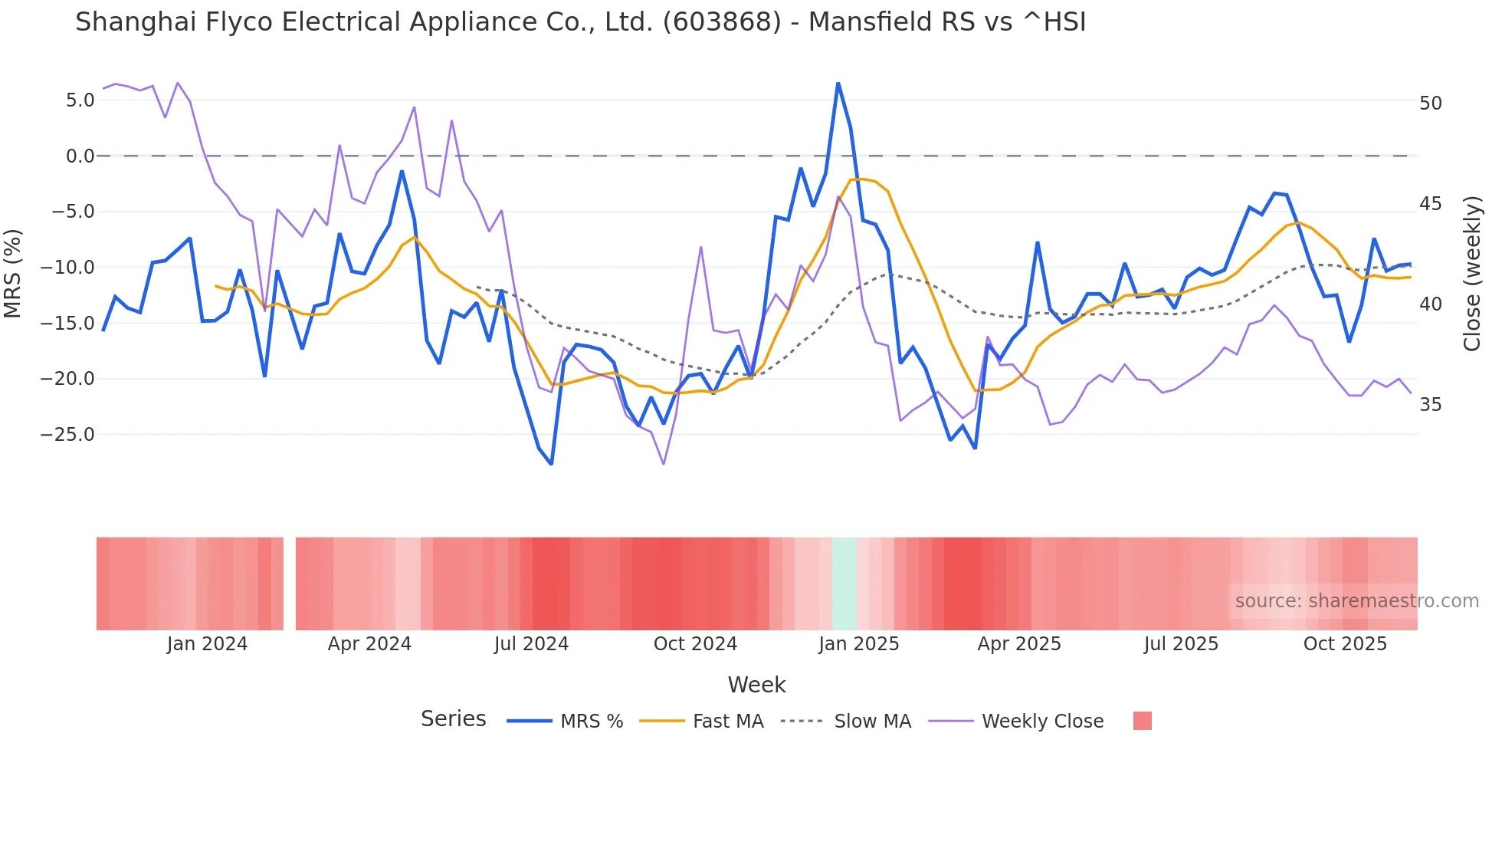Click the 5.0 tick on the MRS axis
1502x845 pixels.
[x=80, y=100]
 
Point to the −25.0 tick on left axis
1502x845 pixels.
[x=67, y=435]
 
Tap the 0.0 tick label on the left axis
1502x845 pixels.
[x=80, y=156]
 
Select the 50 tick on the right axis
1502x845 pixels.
[x=1430, y=104]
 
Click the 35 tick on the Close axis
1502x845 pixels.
[x=1430, y=405]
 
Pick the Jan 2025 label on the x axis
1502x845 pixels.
[x=858, y=644]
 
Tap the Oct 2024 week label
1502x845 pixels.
[x=695, y=644]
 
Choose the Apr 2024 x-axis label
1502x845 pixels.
[x=369, y=644]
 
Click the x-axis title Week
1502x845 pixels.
[x=756, y=685]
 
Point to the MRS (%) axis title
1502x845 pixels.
[x=13, y=273]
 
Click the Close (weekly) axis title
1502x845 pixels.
[x=1471, y=273]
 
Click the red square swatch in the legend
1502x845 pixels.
[x=1142, y=721]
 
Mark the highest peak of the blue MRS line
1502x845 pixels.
[x=838, y=84]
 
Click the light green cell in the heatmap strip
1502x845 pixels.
[x=844, y=584]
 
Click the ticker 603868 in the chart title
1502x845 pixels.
[x=722, y=22]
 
